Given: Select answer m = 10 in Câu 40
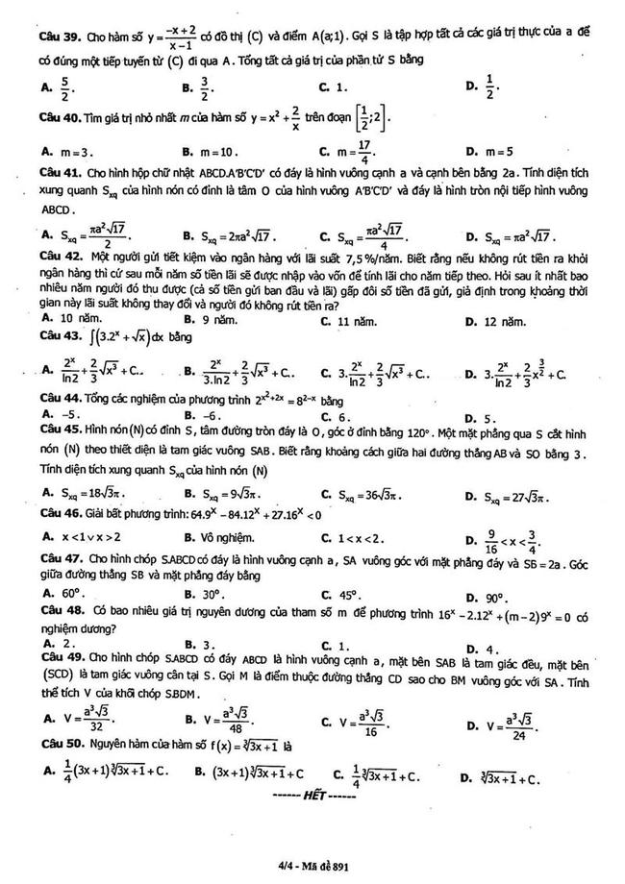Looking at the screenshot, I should click(216, 151).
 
